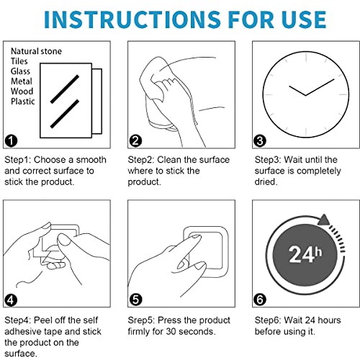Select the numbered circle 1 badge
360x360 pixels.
pyautogui.click(x=11, y=140)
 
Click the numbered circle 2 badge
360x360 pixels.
pyautogui.click(x=135, y=140)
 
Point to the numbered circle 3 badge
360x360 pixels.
pyautogui.click(x=260, y=140)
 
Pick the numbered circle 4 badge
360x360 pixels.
pyautogui.click(x=11, y=300)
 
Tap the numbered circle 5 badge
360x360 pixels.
pyautogui.click(x=135, y=300)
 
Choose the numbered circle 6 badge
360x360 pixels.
pyautogui.click(x=260, y=300)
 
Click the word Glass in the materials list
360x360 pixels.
pyautogui.click(x=20, y=71)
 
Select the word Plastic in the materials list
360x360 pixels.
pyautogui.click(x=23, y=102)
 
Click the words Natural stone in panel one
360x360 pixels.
pyautogui.click(x=36, y=51)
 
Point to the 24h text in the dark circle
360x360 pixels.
pyautogui.click(x=305, y=254)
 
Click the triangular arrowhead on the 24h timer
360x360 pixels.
pyautogui.click(x=324, y=220)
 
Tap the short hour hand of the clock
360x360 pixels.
pyautogui.click(x=297, y=91)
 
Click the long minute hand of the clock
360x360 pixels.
pyautogui.click(x=320, y=87)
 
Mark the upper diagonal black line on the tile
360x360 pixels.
pyautogui.click(x=65, y=89)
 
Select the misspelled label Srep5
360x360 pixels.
pyautogui.click(x=141, y=320)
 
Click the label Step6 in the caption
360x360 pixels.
pyautogui.click(x=268, y=320)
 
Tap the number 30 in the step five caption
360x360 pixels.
pyautogui.click(x=171, y=331)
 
